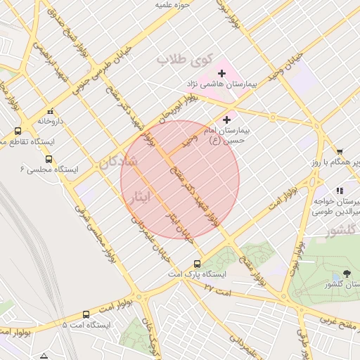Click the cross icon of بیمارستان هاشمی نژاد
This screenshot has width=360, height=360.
222,73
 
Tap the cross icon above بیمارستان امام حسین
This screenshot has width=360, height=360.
226,120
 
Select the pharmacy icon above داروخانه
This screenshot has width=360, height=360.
49,111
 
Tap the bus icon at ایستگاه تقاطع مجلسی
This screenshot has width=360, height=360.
18,131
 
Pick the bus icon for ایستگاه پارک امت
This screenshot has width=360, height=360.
197,264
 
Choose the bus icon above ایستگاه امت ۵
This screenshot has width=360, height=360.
86,315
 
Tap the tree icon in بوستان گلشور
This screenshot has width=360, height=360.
346,274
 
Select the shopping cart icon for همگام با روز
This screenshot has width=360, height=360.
340,152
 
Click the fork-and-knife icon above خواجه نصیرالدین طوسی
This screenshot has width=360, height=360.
340,191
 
